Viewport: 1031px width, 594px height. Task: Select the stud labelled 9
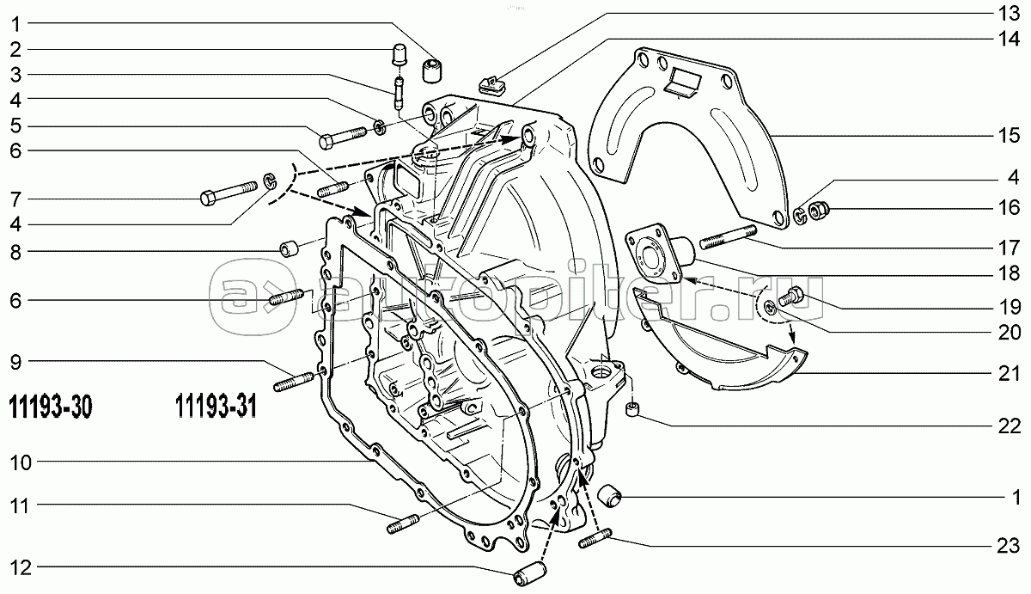(296, 377)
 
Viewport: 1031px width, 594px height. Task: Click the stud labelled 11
(402, 522)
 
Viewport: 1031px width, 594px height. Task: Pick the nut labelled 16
(819, 209)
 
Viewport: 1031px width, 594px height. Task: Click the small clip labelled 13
(492, 83)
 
